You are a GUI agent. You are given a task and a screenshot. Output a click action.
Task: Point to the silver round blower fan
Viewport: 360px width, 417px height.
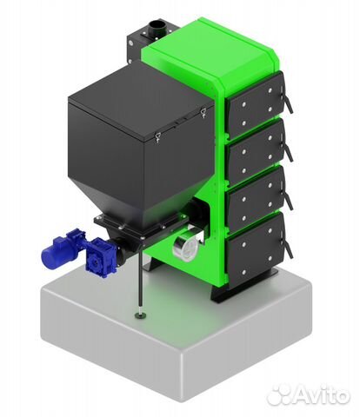[x=185, y=245]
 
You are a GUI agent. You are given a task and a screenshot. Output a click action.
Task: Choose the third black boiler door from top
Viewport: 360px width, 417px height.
[x=256, y=199]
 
